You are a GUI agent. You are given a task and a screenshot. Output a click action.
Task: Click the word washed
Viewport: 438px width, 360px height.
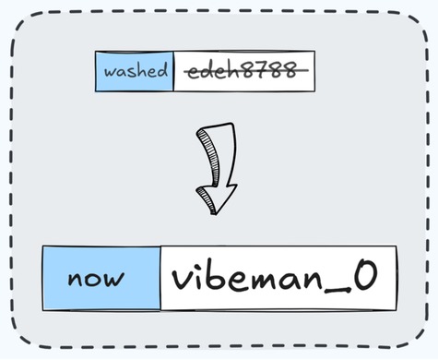click(135, 71)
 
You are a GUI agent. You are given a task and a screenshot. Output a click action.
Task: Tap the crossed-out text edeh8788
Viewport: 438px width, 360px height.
click(243, 71)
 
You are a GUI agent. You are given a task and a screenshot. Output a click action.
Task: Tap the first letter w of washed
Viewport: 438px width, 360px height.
click(109, 72)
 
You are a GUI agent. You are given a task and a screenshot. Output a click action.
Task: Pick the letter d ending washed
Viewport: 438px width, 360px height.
click(162, 70)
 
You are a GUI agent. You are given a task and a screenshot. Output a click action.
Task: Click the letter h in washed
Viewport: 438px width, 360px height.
click(140, 70)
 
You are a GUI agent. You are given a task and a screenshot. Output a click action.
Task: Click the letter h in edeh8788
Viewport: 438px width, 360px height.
click(233, 70)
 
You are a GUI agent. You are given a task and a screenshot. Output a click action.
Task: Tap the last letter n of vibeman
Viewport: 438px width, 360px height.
click(329, 280)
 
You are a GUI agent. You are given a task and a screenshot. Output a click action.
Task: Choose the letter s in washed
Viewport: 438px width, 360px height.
click(130, 72)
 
